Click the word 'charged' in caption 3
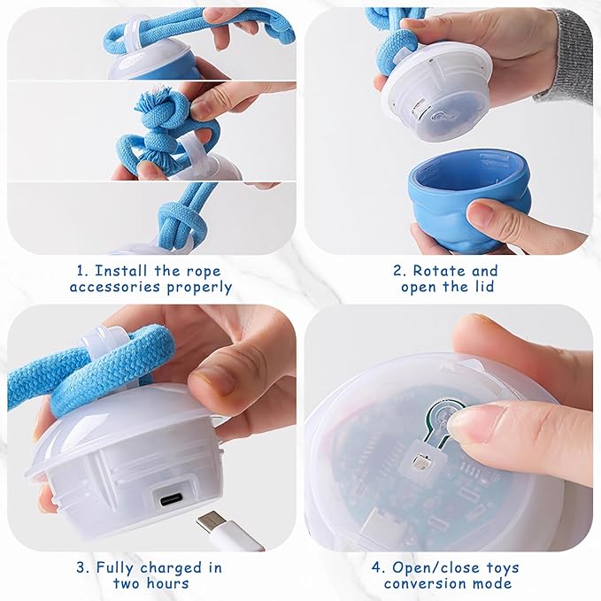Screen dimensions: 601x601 coord(165,566)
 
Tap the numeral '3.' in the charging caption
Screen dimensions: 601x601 coord(79,566)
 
